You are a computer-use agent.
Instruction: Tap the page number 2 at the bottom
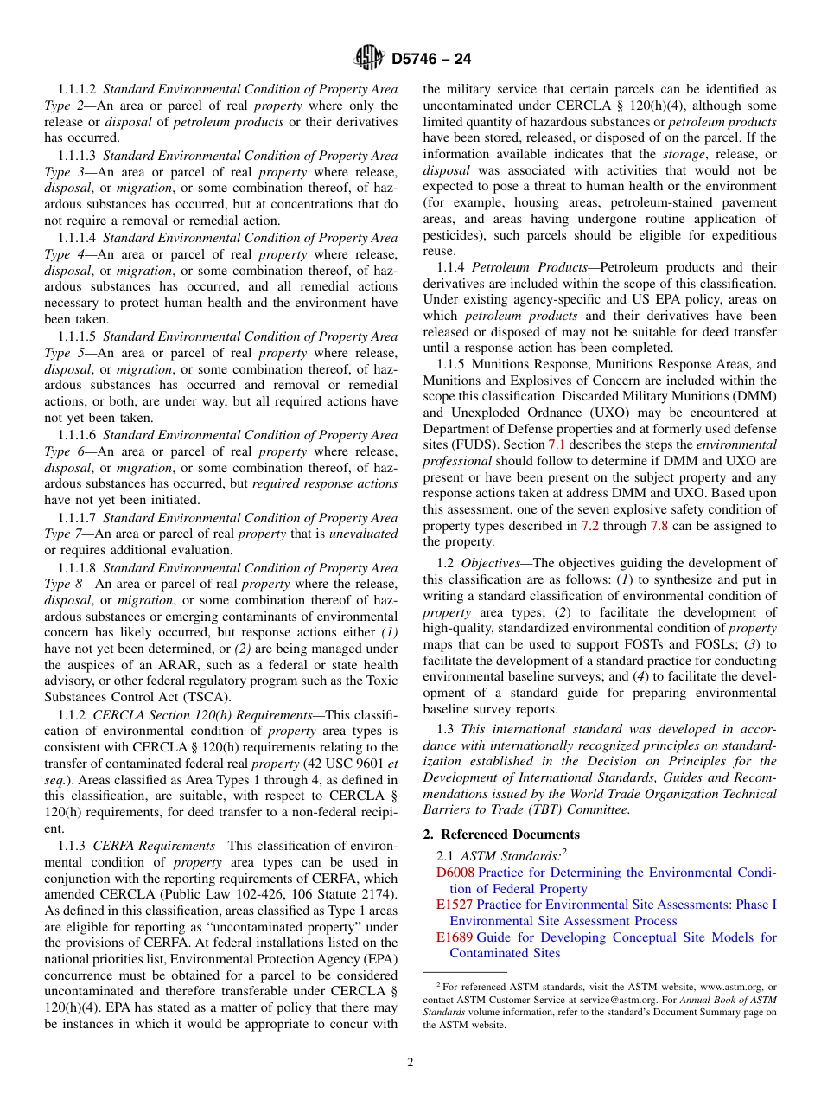[x=410, y=1063]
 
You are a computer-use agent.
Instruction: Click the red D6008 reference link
[x=455, y=873]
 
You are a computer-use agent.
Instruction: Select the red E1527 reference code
[x=454, y=905]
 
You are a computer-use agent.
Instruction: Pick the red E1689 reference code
[x=454, y=937]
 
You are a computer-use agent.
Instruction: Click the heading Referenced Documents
[x=510, y=835]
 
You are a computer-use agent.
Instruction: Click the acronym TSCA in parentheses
[x=208, y=698]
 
